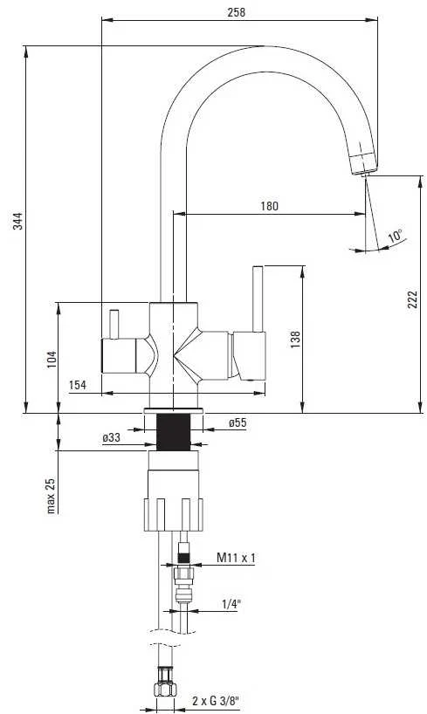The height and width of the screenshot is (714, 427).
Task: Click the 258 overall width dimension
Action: coord(236,12)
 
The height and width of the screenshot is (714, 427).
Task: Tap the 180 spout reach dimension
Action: coord(269,206)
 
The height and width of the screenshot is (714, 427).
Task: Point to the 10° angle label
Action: coord(396,236)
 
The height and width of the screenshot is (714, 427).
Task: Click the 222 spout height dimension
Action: coord(412,299)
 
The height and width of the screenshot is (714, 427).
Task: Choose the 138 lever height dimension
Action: coord(295,340)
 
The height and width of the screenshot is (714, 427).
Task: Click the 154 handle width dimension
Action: coord(78,385)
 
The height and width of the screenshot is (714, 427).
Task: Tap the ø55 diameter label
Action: coord(237,423)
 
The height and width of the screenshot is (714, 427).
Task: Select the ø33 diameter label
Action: coord(111,438)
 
